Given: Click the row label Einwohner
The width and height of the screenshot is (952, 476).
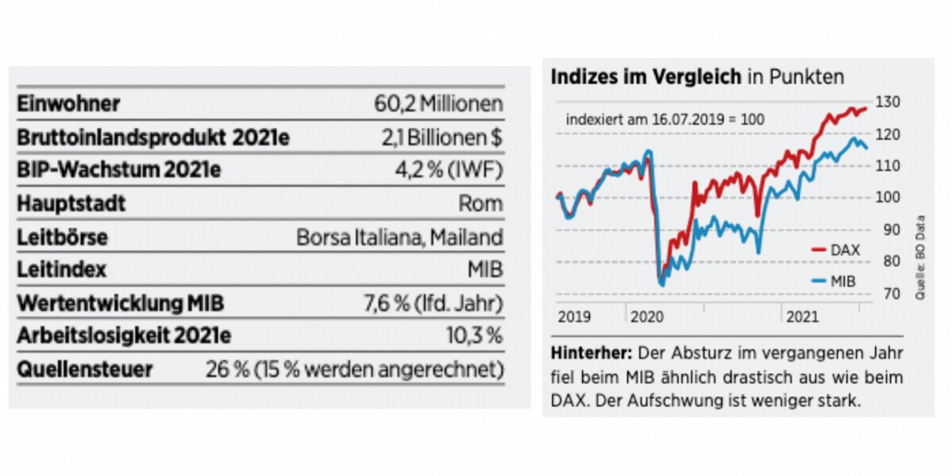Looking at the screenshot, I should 68,104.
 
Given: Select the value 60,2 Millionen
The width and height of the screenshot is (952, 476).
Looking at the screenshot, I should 438,104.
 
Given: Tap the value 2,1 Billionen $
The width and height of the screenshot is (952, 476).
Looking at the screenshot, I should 441,137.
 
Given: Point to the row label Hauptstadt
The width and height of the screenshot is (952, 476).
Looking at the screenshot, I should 71,203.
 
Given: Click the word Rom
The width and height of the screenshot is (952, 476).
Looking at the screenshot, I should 480,203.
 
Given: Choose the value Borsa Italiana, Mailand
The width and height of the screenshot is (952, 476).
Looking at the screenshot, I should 399,237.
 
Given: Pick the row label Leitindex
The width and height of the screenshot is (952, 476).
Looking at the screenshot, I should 61,270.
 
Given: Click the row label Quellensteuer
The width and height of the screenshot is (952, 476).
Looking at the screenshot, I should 85,370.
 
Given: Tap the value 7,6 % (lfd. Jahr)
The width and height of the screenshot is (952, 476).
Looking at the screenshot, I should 433,303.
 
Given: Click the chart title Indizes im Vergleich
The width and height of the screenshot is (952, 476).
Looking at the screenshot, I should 646,77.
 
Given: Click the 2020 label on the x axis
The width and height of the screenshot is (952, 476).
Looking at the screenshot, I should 647,317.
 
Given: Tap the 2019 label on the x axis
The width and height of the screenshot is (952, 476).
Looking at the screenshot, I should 574,317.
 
